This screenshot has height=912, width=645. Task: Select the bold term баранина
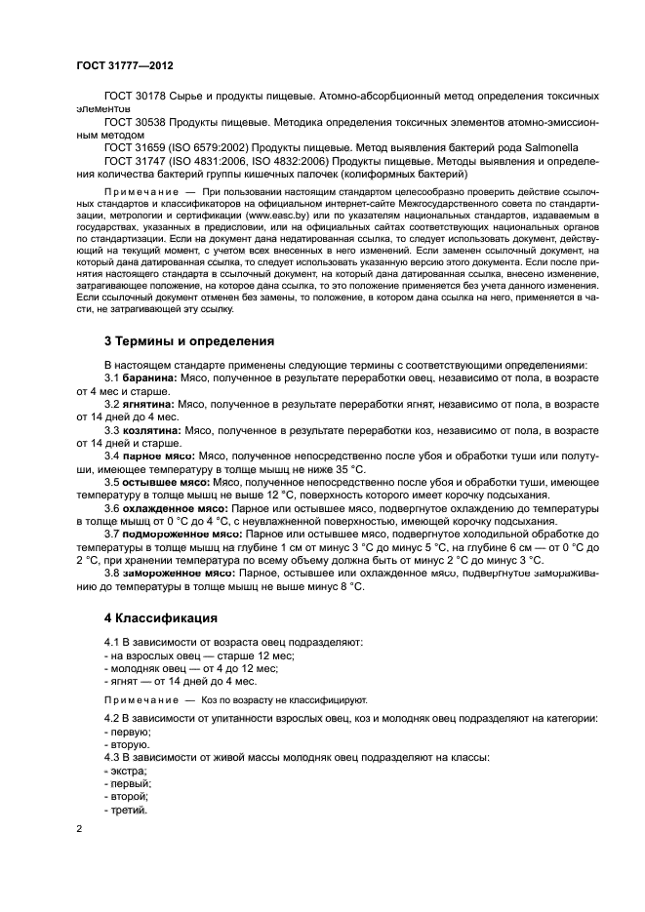[148, 377]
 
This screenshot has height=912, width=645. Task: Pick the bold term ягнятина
[148, 403]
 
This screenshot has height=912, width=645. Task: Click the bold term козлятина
[151, 429]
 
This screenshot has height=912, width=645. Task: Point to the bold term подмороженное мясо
[181, 535]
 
